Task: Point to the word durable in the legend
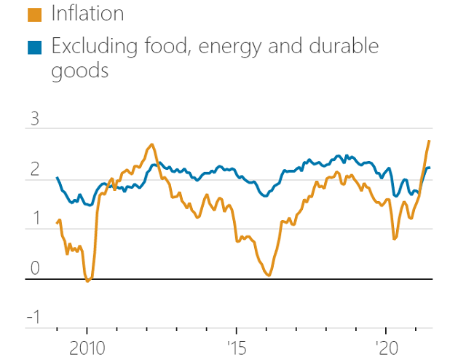342,47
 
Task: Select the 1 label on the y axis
33,219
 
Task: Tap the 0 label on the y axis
33,269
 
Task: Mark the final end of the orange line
429,141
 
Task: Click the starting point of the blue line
57,177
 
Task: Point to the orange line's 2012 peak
152,144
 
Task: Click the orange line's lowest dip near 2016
269,275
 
